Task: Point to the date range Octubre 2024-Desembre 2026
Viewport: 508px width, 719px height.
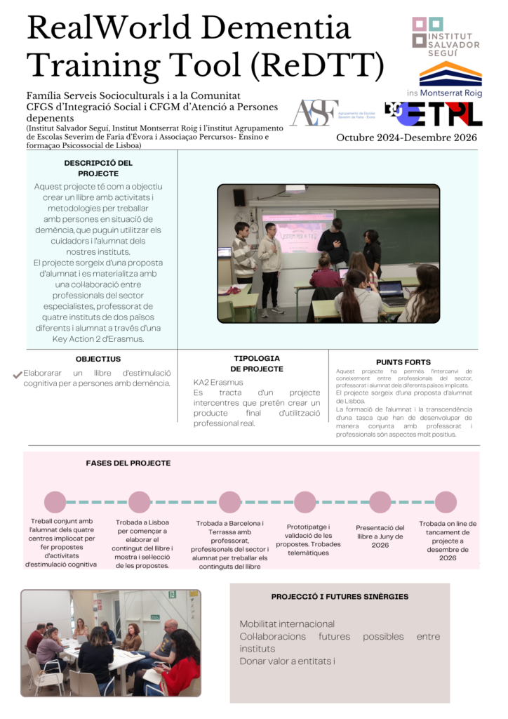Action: point(406,138)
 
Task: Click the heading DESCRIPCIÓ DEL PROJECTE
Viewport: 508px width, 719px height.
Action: point(98,168)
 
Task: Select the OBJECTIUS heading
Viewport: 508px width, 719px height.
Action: point(98,359)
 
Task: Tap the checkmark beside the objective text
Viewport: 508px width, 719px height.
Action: point(18,375)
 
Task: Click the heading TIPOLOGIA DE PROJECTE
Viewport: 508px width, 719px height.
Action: point(257,363)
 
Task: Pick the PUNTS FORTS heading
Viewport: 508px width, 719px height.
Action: point(403,362)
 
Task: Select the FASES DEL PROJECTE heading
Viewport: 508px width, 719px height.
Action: point(128,463)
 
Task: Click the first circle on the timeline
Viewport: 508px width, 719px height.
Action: point(55,502)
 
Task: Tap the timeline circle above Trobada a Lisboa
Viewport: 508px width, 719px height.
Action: point(140,502)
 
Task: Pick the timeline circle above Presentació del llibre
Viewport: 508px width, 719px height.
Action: point(380,502)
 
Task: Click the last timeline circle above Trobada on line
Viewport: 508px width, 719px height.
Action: point(446,502)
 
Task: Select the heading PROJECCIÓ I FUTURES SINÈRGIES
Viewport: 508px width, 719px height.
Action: point(340,597)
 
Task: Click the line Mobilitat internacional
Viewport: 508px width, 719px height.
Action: point(287,624)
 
